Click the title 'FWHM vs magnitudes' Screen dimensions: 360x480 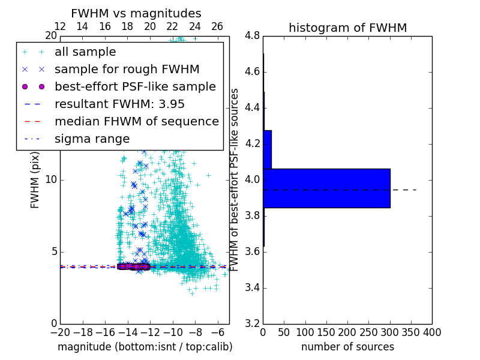(x=136, y=13)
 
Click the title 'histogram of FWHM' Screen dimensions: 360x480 (x=347, y=28)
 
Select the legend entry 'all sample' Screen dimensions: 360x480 (x=85, y=52)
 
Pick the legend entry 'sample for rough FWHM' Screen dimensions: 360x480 (x=127, y=69)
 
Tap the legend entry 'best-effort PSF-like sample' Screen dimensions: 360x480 (x=135, y=86)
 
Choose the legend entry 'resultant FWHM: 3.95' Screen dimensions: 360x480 (x=119, y=104)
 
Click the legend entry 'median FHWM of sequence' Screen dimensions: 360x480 (x=136, y=121)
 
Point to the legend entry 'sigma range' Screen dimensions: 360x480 (x=92, y=139)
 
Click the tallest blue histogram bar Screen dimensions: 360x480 (x=326, y=188)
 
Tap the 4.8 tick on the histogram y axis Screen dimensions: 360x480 (x=253, y=36)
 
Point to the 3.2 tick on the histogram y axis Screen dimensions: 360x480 (x=253, y=323)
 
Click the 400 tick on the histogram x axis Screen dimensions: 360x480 (x=432, y=332)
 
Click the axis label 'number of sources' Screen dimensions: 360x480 (x=347, y=347)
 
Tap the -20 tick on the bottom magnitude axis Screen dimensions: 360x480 (x=60, y=332)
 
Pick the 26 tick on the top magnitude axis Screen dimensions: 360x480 (x=217, y=26)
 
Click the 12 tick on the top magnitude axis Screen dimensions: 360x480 (x=60, y=26)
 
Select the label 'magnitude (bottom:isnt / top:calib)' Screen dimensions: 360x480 (x=145, y=347)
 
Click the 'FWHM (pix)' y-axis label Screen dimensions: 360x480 (x=35, y=180)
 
